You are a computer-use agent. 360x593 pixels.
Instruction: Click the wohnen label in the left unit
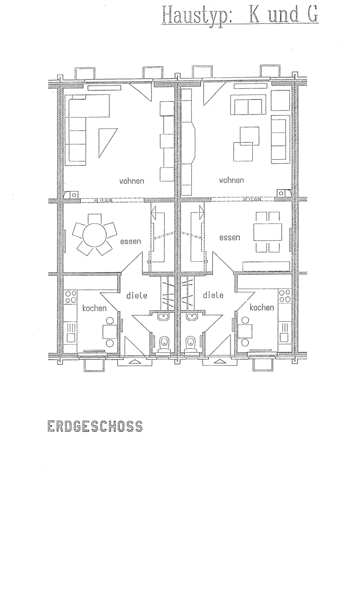[x=132, y=181]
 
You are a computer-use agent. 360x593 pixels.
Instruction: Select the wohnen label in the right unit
[x=231, y=180]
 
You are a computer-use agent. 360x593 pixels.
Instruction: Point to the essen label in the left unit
[x=131, y=242]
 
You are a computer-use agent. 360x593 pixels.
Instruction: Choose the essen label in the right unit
[x=229, y=238]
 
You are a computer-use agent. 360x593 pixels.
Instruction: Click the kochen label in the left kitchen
[x=94, y=308]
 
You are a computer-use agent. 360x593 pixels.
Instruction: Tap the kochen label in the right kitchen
[x=262, y=307]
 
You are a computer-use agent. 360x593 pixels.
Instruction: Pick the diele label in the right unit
[x=213, y=295]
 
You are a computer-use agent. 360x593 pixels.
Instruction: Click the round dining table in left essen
[x=95, y=235]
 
